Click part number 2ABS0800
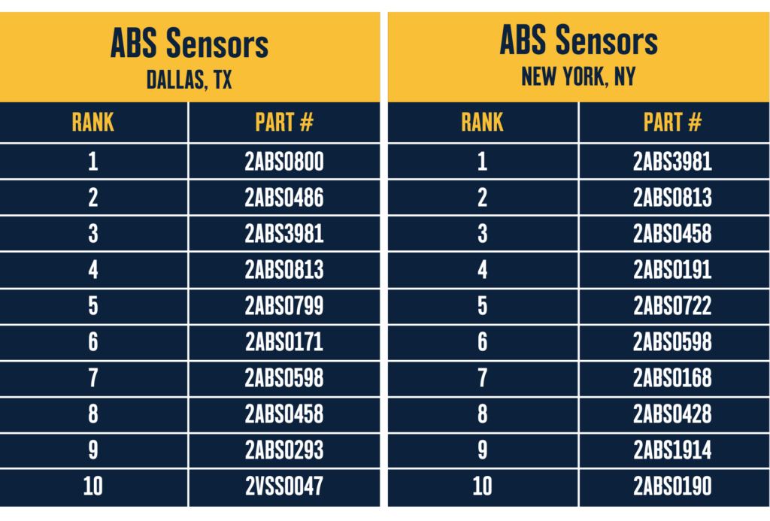pos(284,162)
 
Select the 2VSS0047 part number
pos(284,486)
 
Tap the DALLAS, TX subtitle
pos(189,80)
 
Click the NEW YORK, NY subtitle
pos(578,76)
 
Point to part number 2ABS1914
pos(672,450)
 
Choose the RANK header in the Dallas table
pos(92,123)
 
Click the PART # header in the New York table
pos(672,123)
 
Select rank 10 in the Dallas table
pos(92,486)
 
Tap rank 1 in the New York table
pos(482,162)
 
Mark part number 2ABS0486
pos(284,198)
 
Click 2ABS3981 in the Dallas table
pos(284,234)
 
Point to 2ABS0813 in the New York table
pos(672,198)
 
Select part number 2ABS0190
pos(672,486)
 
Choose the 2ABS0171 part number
pos(284,342)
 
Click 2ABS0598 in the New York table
pos(672,342)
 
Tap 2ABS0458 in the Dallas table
pos(284,414)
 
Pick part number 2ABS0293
pos(284,450)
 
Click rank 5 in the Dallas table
pos(92,306)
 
